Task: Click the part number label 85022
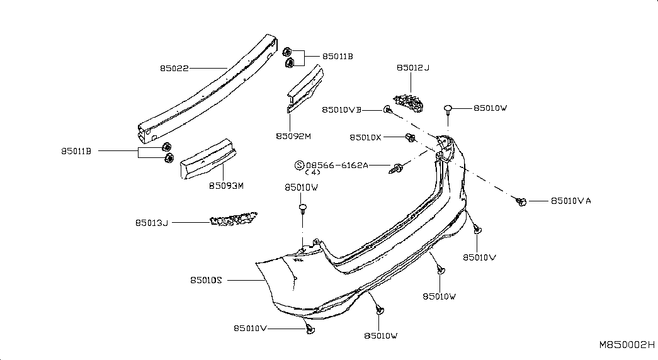pyautogui.click(x=174, y=68)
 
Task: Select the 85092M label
pyautogui.click(x=293, y=137)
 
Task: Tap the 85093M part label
pyautogui.click(x=226, y=186)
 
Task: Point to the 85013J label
pyautogui.click(x=152, y=223)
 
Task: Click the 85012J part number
pyautogui.click(x=413, y=67)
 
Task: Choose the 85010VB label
pyautogui.click(x=341, y=110)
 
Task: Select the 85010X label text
pyautogui.click(x=365, y=137)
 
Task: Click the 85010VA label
pyautogui.click(x=570, y=201)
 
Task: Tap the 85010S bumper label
pyautogui.click(x=206, y=280)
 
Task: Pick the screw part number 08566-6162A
pyautogui.click(x=337, y=166)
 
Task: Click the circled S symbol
pyautogui.click(x=299, y=166)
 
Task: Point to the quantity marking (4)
pyautogui.click(x=313, y=172)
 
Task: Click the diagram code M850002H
pyautogui.click(x=627, y=345)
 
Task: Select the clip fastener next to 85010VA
pyautogui.click(x=521, y=202)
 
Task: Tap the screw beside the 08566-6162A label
pyautogui.click(x=396, y=169)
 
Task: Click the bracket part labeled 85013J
pyautogui.click(x=234, y=220)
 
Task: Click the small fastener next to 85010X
pyautogui.click(x=410, y=137)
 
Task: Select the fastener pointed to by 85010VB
pyautogui.click(x=387, y=110)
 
